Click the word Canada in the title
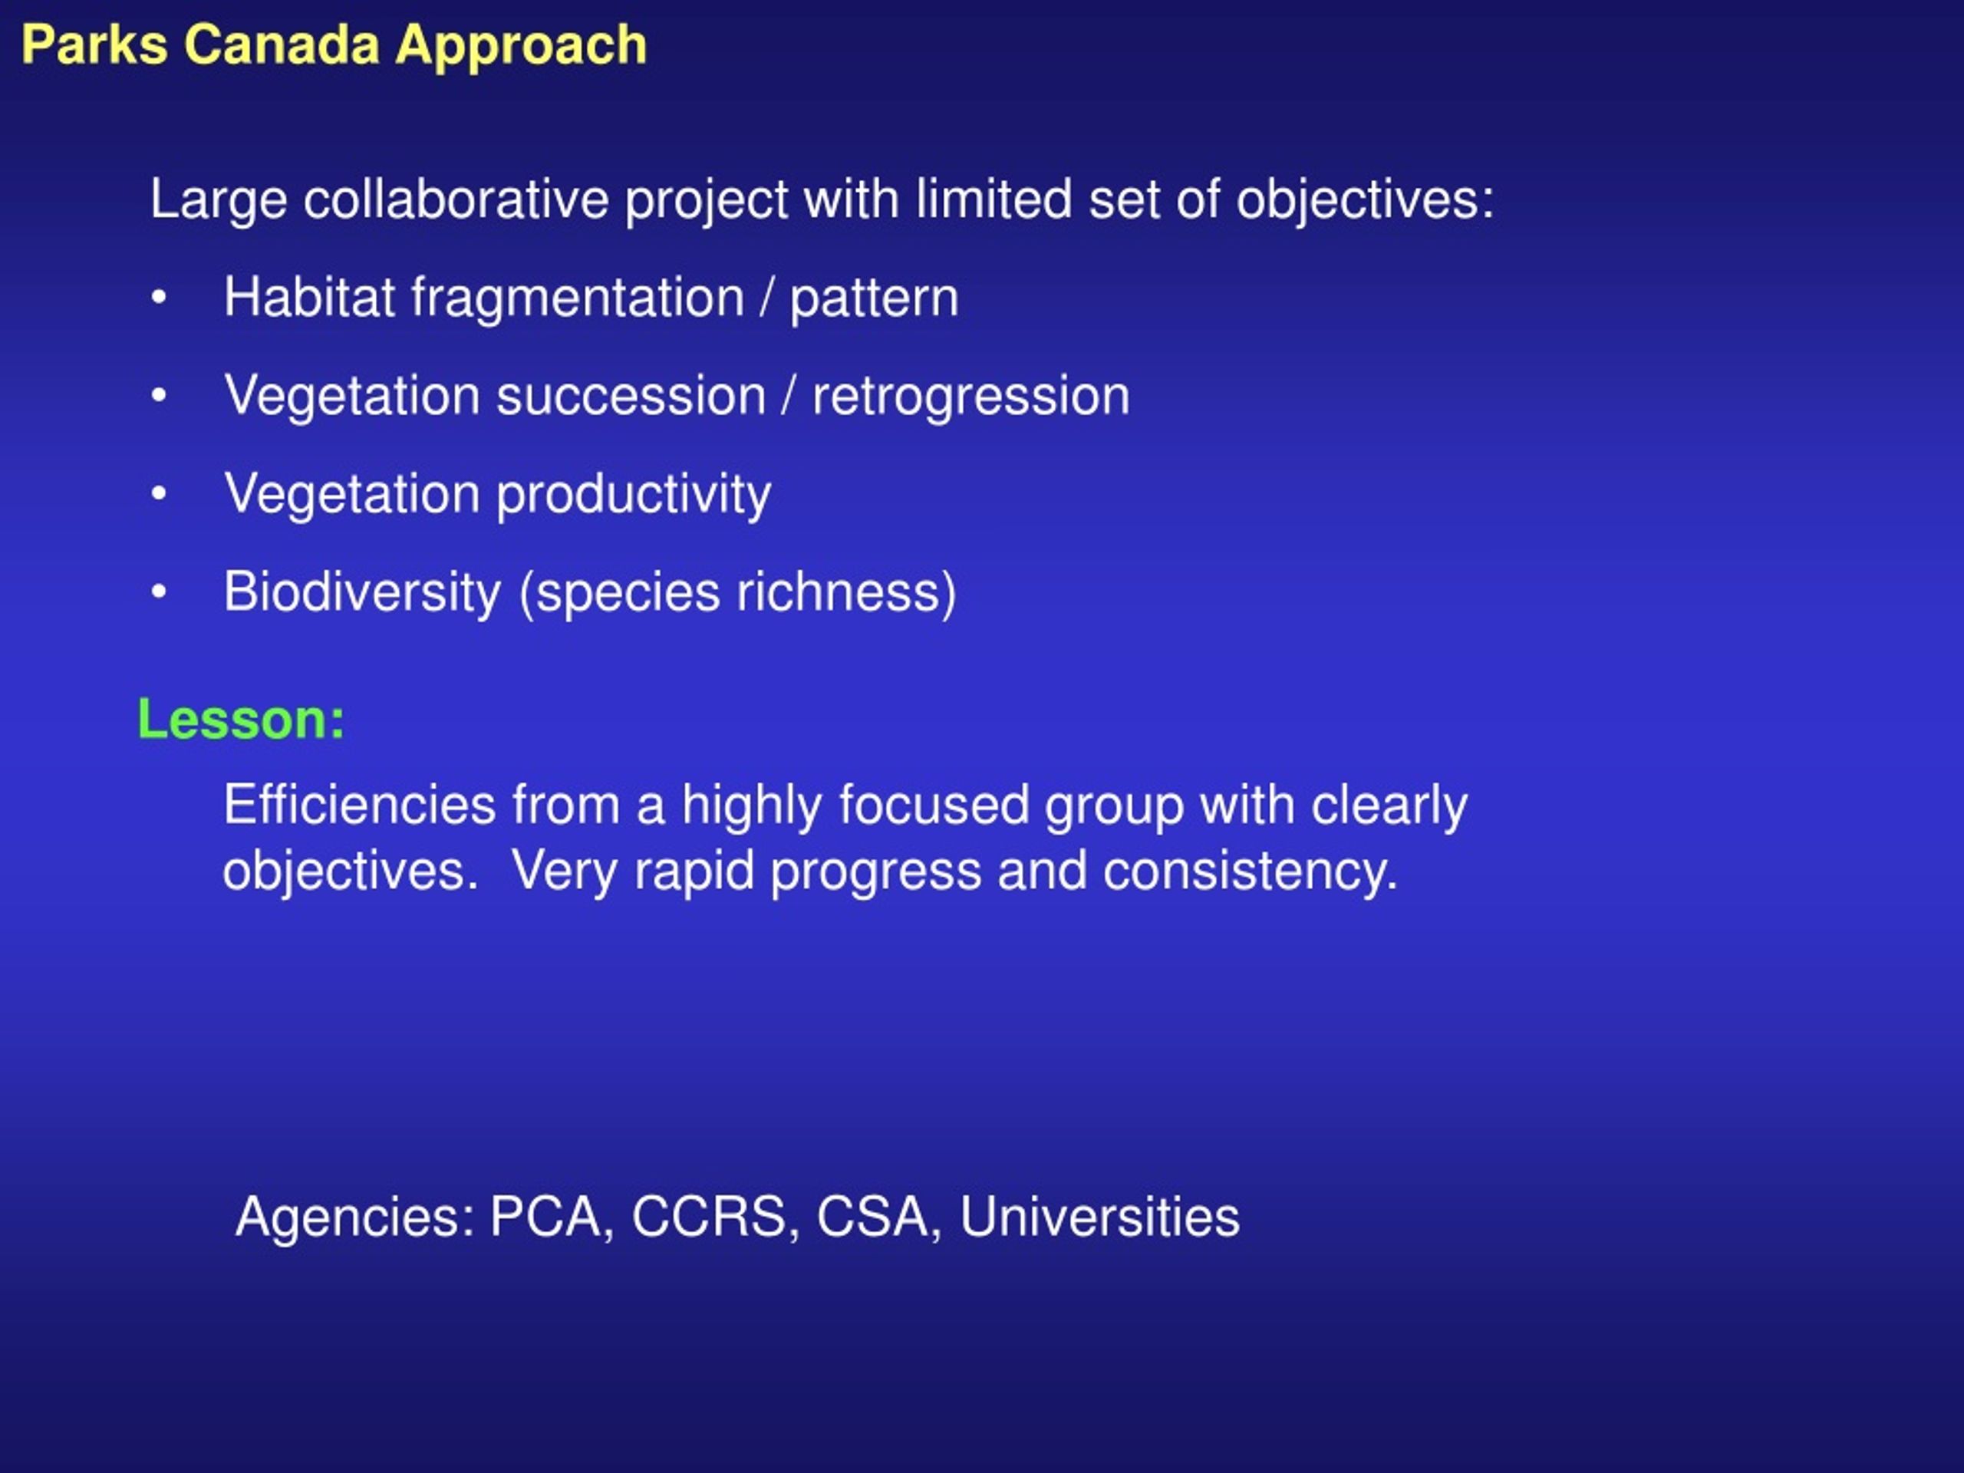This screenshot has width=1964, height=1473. click(x=283, y=44)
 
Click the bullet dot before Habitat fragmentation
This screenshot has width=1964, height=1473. click(x=159, y=298)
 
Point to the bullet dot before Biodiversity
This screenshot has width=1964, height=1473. click(x=159, y=592)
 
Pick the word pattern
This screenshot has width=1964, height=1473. click(x=875, y=300)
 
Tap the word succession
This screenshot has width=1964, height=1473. click(x=631, y=396)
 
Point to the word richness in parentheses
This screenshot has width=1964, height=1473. click(x=837, y=592)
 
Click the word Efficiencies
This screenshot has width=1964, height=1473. click(x=360, y=805)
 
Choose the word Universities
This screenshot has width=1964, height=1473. click(x=1099, y=1217)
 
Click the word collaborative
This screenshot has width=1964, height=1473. click(x=456, y=199)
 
